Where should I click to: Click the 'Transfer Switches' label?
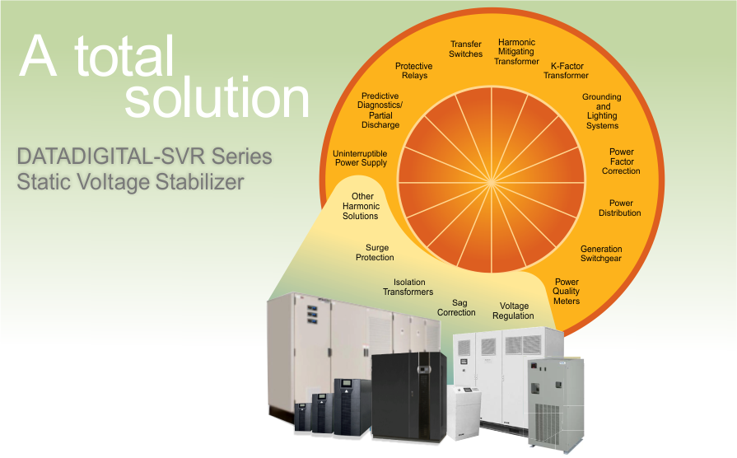(x=466, y=49)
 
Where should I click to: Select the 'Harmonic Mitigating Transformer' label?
(x=516, y=52)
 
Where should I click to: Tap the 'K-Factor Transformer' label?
(x=566, y=70)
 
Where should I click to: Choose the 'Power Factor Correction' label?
(x=621, y=161)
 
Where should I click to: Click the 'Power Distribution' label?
(x=620, y=208)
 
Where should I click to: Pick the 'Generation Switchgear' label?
(x=601, y=254)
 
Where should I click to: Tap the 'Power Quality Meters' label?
(x=567, y=292)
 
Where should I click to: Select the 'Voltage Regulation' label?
(x=513, y=311)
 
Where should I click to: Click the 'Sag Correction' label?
(x=456, y=307)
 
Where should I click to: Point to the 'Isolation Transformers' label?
(x=408, y=287)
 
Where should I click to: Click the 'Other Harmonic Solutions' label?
(x=361, y=206)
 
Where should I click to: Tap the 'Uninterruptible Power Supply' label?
(x=360, y=158)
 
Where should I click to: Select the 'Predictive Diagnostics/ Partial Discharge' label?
(x=380, y=110)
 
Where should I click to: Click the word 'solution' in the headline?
(x=217, y=98)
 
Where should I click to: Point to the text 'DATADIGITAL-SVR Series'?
(x=144, y=156)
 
